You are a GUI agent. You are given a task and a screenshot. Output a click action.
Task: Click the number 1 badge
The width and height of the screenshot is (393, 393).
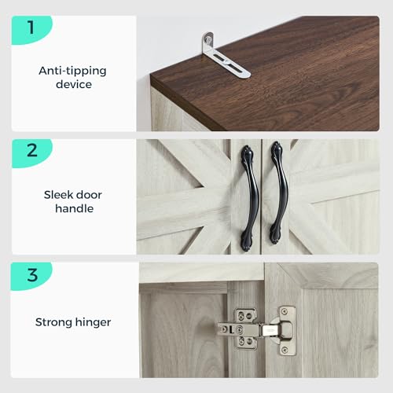tap(31, 29)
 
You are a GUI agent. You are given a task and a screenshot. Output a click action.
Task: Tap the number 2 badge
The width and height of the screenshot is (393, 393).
tap(31, 152)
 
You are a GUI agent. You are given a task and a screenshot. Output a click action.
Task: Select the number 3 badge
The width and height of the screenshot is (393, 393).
tap(31, 276)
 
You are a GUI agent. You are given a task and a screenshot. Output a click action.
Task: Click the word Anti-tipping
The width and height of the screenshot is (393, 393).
tap(72, 71)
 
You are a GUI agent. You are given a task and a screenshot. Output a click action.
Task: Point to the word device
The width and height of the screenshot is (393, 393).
tap(74, 84)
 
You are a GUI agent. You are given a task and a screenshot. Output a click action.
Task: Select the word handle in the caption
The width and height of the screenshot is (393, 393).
tap(75, 208)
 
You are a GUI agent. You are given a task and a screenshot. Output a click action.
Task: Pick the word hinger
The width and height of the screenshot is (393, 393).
tap(92, 322)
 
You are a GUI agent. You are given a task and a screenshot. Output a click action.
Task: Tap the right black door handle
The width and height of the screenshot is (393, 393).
tap(279, 193)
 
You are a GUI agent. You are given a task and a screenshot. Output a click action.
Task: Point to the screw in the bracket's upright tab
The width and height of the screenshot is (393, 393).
tap(208, 40)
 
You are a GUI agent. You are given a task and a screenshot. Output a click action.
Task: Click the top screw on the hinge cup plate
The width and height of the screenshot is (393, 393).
tap(285, 312)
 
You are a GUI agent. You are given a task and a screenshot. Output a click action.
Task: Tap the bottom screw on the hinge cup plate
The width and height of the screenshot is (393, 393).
tap(285, 350)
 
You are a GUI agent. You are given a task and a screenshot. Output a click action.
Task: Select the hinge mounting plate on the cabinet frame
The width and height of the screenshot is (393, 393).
tap(245, 329)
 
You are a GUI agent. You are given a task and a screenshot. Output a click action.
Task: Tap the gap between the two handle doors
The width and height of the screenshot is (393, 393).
tap(261, 196)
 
